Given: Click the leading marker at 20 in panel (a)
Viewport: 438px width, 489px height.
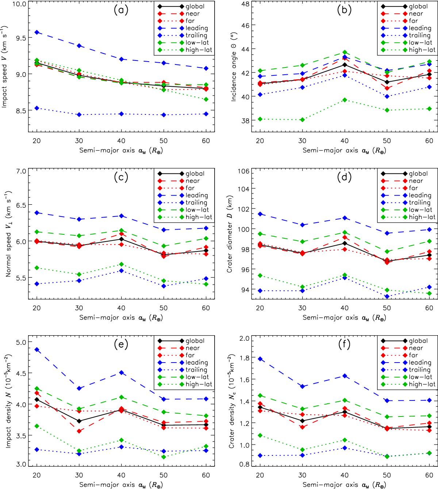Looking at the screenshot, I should pos(36,32).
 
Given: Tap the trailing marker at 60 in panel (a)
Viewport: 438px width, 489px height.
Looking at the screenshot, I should pos(206,114).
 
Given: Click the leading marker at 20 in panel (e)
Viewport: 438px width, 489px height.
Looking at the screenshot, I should pos(36,349).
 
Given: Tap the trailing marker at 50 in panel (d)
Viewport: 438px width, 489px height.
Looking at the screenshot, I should pos(387,296).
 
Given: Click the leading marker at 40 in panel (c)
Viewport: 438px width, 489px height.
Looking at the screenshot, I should pos(121,216).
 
